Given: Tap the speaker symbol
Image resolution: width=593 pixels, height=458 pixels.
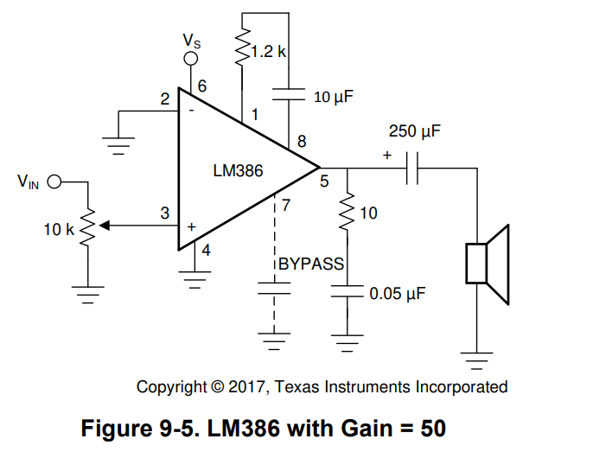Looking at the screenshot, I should click(487, 263).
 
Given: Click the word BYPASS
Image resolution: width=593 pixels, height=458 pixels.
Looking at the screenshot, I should click(311, 264).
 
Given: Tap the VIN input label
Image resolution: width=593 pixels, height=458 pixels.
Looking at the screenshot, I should click(28, 182).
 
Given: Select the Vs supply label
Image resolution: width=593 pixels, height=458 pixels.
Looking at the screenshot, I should click(193, 40).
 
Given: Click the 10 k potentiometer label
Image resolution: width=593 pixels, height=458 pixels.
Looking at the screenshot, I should click(60, 230).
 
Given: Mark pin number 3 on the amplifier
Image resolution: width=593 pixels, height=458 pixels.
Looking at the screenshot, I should click(164, 213).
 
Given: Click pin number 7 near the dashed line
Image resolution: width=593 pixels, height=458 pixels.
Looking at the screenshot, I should click(286, 206).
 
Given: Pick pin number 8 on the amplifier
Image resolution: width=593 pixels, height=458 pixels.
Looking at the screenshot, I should click(302, 141).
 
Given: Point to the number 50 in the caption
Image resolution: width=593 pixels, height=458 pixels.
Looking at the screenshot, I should click(430, 428).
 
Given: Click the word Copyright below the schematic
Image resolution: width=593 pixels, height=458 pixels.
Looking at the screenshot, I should click(172, 386).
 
